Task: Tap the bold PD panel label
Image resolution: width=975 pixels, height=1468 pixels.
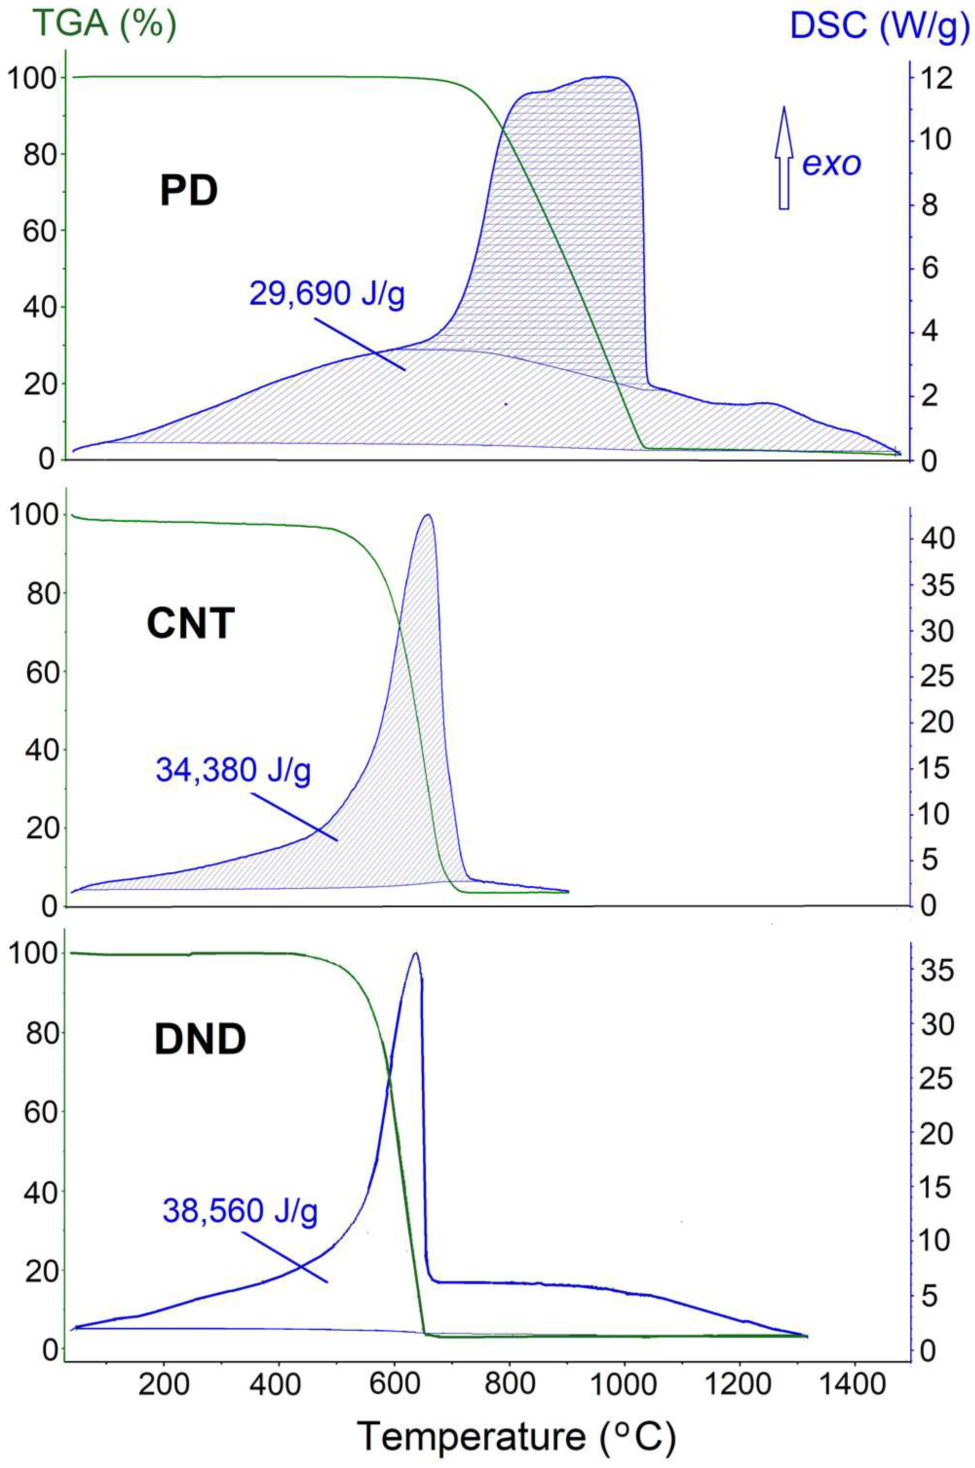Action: coord(188,191)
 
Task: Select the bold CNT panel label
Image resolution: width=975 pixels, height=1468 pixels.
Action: coord(191,624)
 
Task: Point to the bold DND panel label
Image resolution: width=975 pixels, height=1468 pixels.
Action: coord(200,1039)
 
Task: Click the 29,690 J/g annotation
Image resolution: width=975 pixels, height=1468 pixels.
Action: coord(327,294)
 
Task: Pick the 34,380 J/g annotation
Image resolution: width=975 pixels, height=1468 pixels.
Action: coord(233,772)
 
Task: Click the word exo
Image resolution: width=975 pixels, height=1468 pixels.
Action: coord(831,163)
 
